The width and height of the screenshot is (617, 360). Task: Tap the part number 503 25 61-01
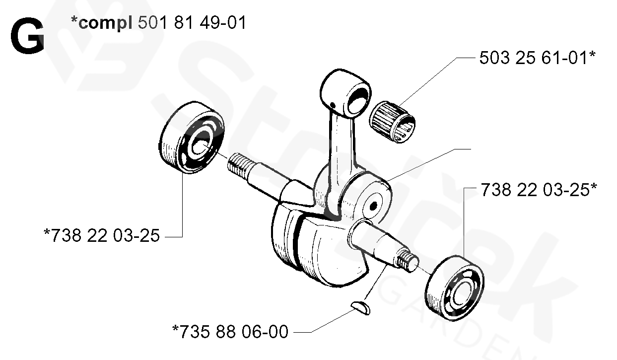(x=537, y=58)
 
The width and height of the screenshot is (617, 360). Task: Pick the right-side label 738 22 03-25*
(x=538, y=190)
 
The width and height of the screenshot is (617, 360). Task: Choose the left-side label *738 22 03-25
(x=102, y=235)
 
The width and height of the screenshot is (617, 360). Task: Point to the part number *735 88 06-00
(x=230, y=331)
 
